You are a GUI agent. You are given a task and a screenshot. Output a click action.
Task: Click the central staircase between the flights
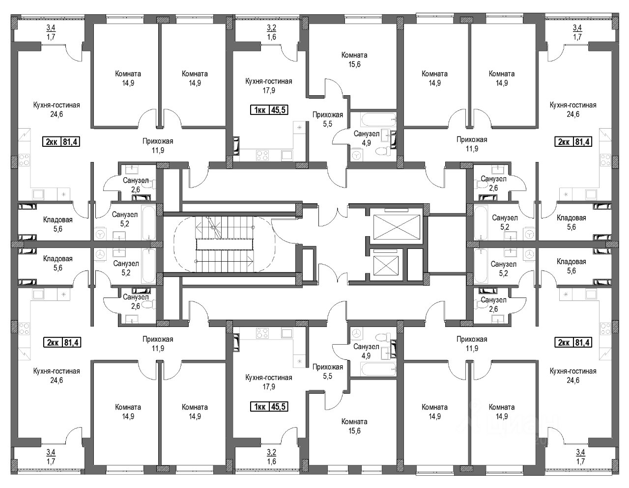225,244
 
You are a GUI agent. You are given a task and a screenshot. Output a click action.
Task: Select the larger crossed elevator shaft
397,227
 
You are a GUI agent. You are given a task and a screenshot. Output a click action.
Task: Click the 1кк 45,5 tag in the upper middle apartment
269,110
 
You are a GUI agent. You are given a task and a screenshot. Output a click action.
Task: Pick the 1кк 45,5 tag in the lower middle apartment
269,407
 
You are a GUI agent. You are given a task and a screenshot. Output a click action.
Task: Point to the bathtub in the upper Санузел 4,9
378,119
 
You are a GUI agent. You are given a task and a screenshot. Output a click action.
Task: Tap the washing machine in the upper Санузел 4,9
357,155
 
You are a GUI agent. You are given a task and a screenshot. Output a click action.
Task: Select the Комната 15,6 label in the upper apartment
354,59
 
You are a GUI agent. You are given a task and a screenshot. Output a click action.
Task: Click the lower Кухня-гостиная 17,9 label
269,382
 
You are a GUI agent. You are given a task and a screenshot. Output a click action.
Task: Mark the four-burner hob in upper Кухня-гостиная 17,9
262,155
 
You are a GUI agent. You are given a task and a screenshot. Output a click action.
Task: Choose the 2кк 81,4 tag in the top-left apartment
61,142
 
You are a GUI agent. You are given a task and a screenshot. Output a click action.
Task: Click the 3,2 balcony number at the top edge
272,28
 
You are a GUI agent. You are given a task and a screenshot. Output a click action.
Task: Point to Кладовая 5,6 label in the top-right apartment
572,222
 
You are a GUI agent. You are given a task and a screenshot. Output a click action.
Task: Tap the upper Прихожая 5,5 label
328,119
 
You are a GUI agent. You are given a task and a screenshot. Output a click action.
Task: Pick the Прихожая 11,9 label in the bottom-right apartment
472,344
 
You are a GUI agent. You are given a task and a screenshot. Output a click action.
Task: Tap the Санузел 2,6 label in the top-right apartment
493,183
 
